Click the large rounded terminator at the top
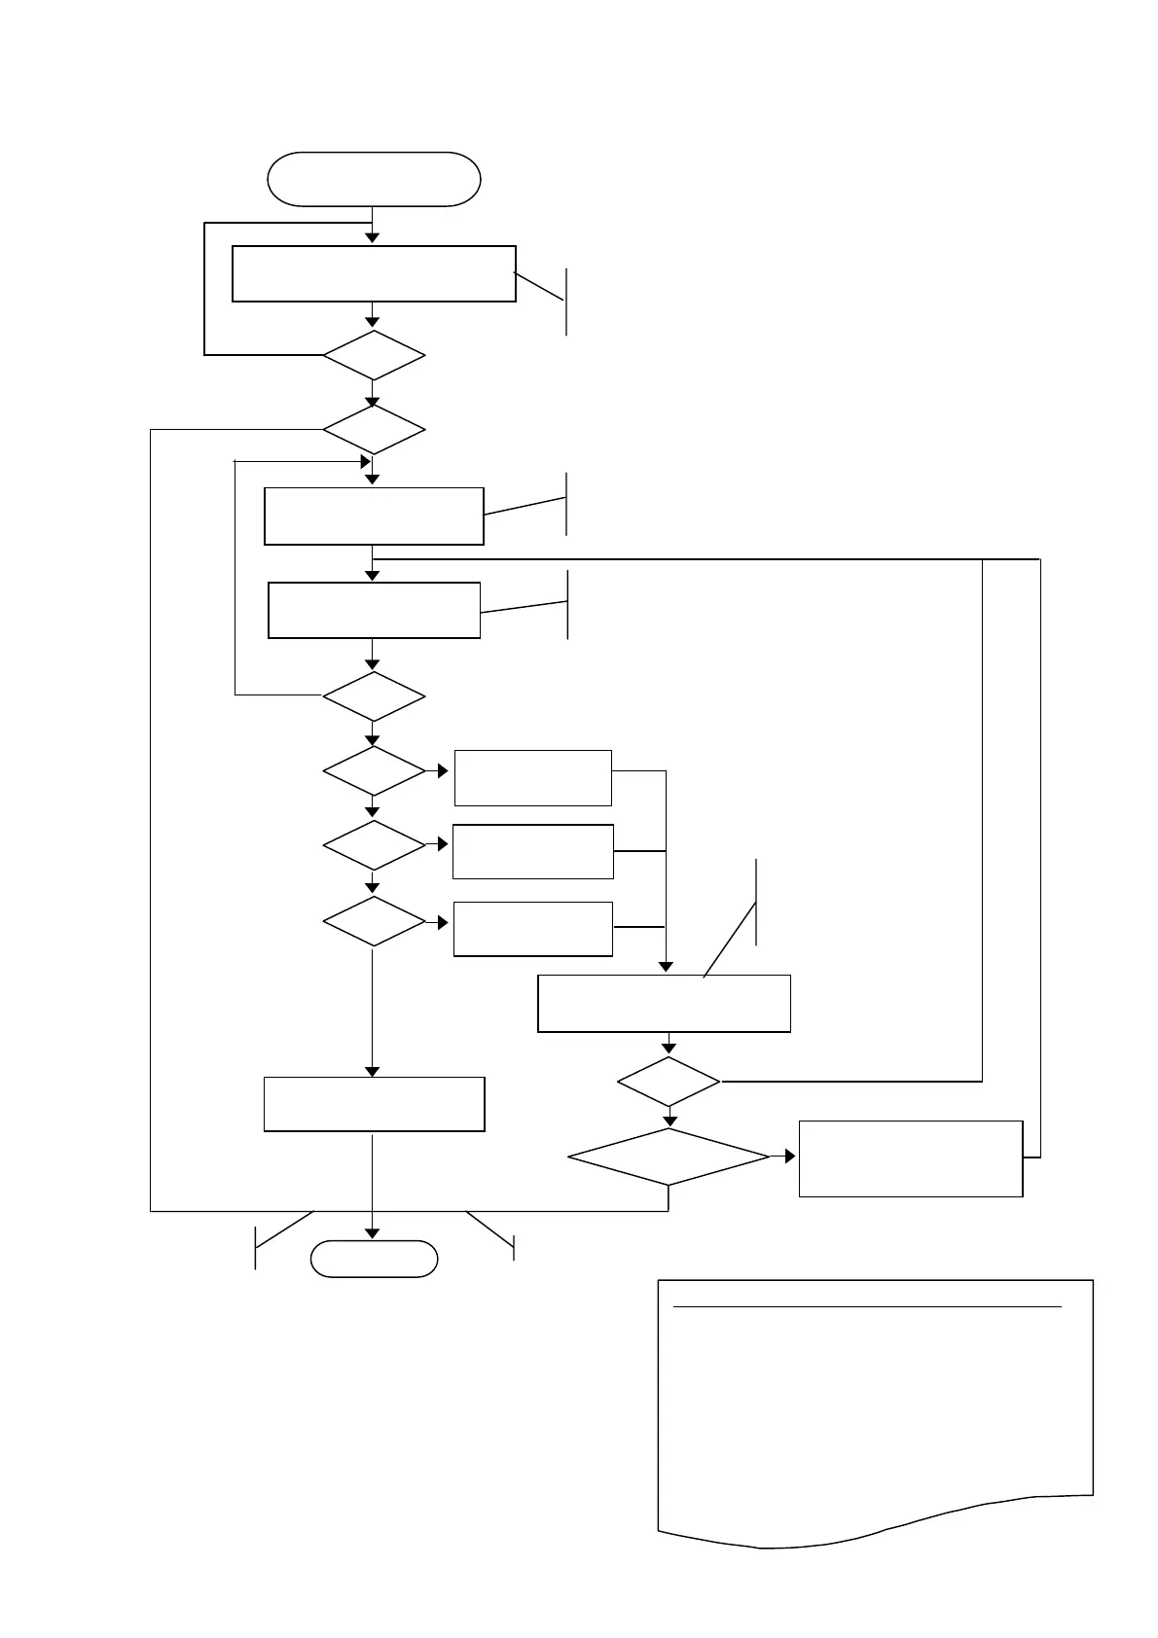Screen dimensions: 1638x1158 (374, 179)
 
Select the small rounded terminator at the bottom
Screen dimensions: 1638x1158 (374, 1259)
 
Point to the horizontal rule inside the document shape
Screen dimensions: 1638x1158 (867, 1307)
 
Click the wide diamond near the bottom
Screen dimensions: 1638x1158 (669, 1157)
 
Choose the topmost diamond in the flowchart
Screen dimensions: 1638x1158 (374, 356)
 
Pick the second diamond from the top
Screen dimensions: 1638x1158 (374, 429)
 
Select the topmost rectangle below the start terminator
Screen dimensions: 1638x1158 (374, 273)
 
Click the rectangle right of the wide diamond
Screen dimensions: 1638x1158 (911, 1158)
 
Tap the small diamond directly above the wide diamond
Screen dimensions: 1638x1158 (669, 1082)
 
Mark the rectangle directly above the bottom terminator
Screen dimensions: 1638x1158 (374, 1104)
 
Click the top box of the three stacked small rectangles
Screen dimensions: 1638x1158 (532, 777)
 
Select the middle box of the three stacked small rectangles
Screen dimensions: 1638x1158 (532, 851)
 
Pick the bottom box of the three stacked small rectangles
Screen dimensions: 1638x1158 (532, 929)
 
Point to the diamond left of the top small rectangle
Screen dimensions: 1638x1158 (374, 771)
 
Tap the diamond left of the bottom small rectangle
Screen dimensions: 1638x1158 (374, 921)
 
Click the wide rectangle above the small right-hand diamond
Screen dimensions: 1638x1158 (664, 1003)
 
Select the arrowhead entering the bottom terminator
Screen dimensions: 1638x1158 (373, 1234)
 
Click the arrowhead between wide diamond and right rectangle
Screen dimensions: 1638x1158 (788, 1157)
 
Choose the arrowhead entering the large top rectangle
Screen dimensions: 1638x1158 (372, 238)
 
